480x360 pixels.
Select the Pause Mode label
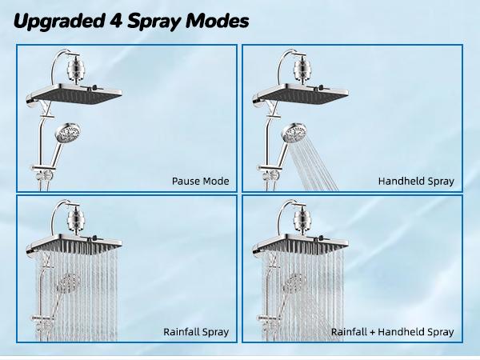(x=200, y=182)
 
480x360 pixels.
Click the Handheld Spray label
(x=416, y=182)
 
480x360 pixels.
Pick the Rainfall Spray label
(x=196, y=331)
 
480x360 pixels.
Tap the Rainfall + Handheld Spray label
(x=393, y=331)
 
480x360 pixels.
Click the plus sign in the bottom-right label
(x=374, y=331)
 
